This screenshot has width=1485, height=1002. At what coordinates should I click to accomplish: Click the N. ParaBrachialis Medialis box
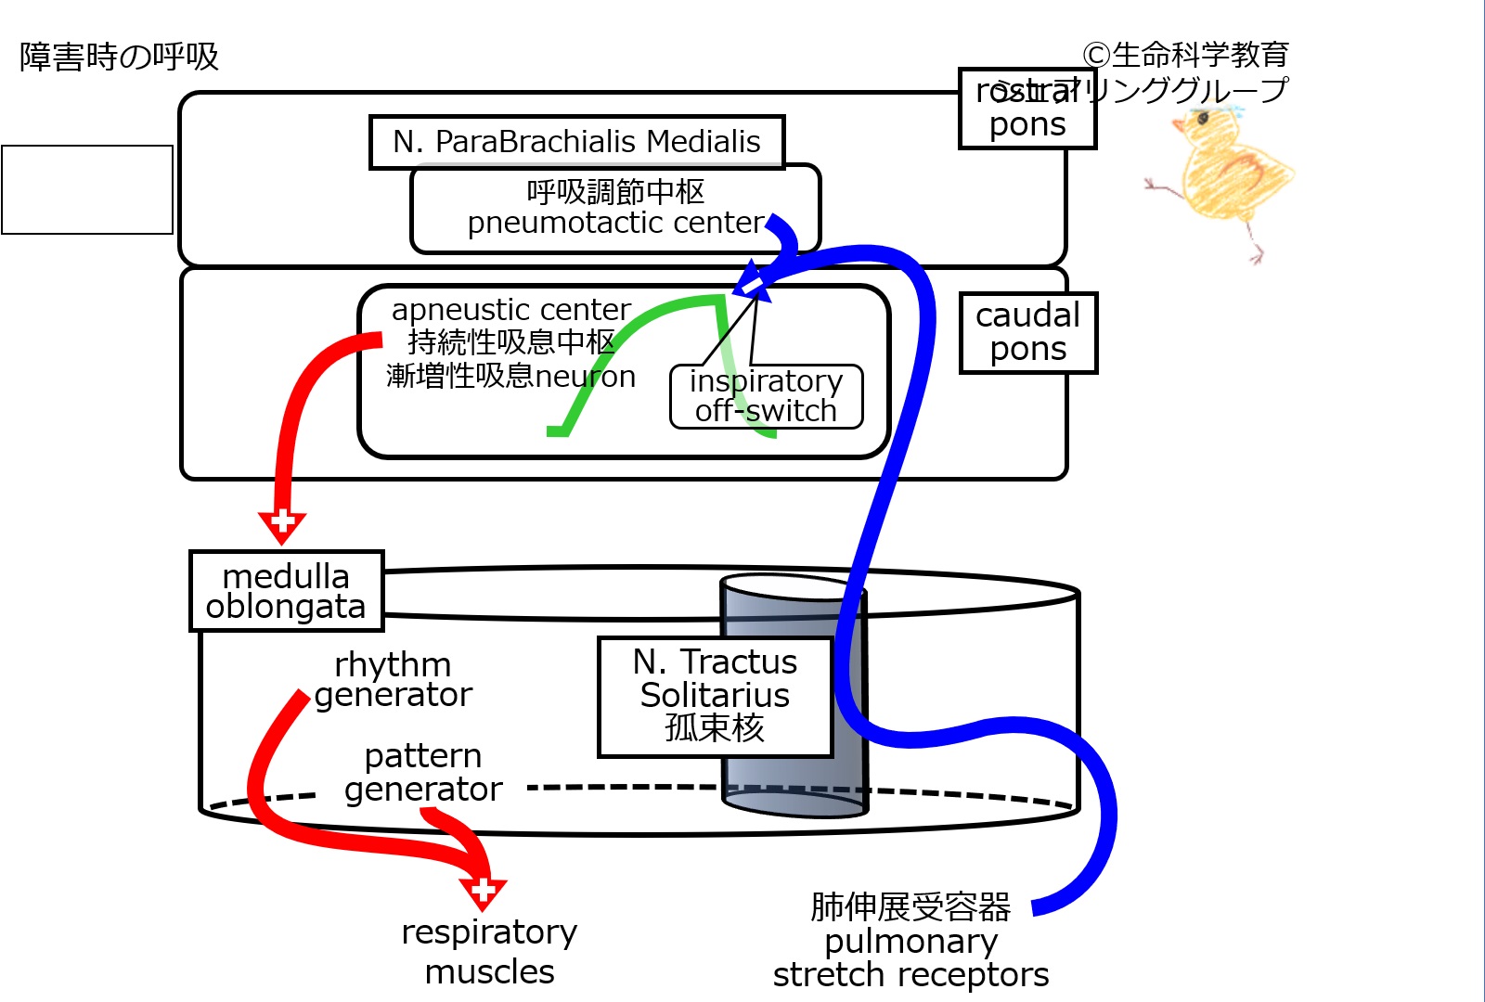coord(576,142)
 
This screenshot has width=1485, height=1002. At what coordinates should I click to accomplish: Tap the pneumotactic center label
coord(615,224)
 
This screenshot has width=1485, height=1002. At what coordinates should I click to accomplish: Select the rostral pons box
coord(1027,109)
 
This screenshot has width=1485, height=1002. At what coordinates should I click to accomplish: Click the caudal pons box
coord(1028,333)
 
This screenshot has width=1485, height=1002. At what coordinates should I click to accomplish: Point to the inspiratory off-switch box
coord(767,396)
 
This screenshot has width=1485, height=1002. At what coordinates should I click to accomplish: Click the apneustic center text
coord(510,309)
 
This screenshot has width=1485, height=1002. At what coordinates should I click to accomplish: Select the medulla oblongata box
coord(286,591)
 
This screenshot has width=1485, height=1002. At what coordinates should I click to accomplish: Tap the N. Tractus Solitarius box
coord(715,696)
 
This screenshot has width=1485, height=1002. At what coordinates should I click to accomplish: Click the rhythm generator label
coord(393,679)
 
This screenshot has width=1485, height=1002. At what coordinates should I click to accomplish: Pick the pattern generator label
coord(423,772)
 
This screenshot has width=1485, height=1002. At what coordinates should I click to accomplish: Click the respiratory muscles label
coord(489,951)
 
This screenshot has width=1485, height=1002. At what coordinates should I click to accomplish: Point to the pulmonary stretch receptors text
coord(910,957)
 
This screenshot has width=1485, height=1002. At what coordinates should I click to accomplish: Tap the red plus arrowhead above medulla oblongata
coord(282,524)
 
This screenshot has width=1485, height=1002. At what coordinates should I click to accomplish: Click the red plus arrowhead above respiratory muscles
coord(483,893)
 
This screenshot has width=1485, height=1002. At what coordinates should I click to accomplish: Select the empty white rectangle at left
coord(87,189)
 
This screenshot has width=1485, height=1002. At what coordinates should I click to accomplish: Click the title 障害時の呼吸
coord(119,58)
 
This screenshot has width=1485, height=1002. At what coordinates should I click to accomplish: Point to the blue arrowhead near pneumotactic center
coord(753,282)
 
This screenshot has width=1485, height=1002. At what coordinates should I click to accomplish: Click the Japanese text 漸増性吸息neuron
coord(510,377)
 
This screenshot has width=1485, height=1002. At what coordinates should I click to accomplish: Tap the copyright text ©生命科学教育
coord(1185,56)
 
